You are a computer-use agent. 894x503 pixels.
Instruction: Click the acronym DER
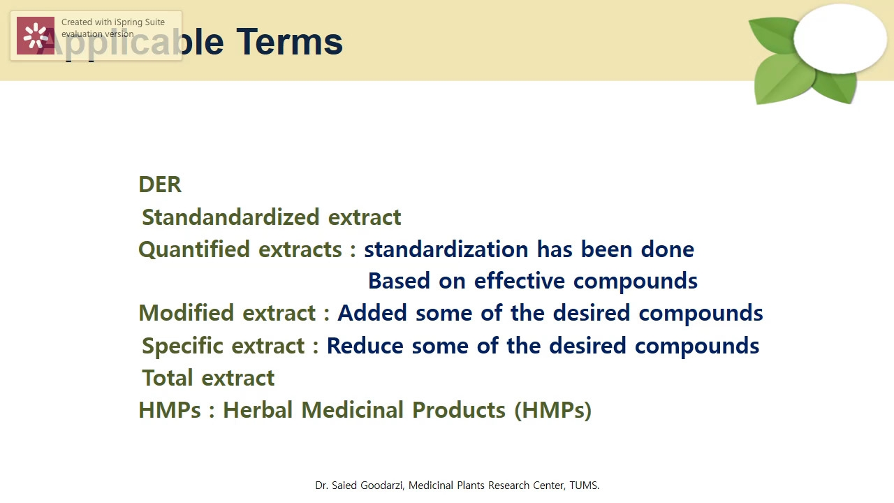coord(160,184)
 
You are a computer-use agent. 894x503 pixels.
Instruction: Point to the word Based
coord(399,281)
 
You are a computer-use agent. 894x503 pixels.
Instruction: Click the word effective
coord(520,281)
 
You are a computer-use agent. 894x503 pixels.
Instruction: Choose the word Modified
coord(187,313)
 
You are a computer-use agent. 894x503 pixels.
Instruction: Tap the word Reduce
coord(365,346)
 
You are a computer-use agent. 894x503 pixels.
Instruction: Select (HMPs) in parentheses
coord(552,410)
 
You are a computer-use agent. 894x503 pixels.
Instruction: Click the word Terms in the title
coord(289,42)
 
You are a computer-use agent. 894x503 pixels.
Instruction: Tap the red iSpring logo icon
coord(36,36)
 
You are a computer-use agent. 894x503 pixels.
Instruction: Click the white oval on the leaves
coord(840,38)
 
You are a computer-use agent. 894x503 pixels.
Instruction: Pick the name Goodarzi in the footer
coord(382,486)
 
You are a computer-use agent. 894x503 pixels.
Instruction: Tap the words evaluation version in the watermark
coord(98,34)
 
